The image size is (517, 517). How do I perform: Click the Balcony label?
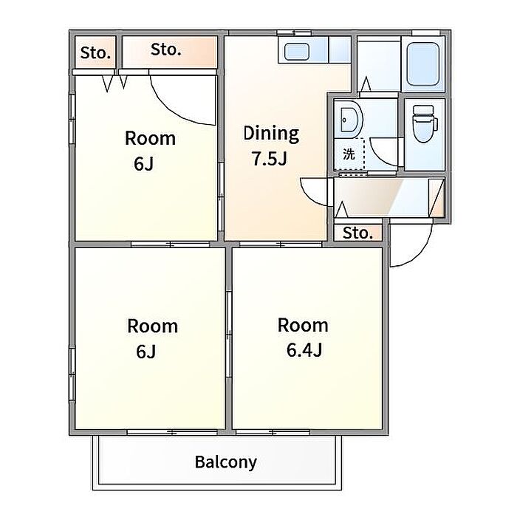(225, 462)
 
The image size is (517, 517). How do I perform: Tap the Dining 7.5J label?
(271, 145)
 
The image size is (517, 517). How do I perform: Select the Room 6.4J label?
(303, 338)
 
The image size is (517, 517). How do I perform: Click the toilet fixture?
(425, 123)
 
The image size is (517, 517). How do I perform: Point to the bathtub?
(423, 64)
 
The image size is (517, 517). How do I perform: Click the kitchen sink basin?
(296, 52)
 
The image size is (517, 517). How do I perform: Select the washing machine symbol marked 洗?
(349, 154)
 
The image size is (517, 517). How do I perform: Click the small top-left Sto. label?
(95, 52)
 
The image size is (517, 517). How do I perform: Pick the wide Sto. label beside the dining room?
(166, 49)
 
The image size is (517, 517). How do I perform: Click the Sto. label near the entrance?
(357, 233)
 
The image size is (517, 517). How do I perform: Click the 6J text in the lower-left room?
(145, 352)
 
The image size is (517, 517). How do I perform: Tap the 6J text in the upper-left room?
(143, 163)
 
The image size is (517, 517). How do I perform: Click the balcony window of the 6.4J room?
(273, 432)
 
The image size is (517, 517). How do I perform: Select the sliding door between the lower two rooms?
(228, 335)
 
